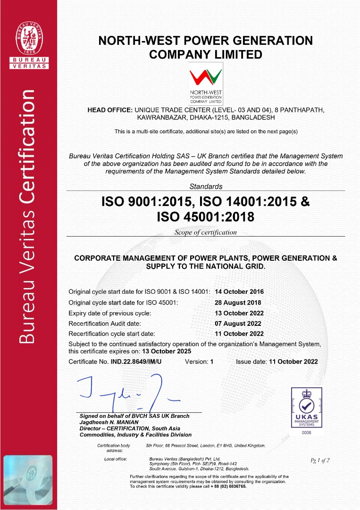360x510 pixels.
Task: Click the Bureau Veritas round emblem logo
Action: pos(28,38)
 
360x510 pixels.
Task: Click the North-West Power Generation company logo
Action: pos(206,83)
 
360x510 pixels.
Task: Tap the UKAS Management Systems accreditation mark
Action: pos(306,407)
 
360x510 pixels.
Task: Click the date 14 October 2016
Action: pos(239,292)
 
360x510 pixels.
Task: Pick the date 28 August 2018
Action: pos(237,303)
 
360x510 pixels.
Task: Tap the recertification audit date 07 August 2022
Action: pos(237,323)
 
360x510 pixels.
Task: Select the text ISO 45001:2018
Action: pos(205,217)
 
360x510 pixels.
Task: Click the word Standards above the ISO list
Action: pos(206,187)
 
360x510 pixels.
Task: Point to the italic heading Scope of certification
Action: pos(206,232)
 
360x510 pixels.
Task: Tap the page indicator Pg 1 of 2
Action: pos(319,460)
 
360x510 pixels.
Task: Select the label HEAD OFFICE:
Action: pos(110,110)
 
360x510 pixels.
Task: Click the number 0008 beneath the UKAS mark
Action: pos(306,433)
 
